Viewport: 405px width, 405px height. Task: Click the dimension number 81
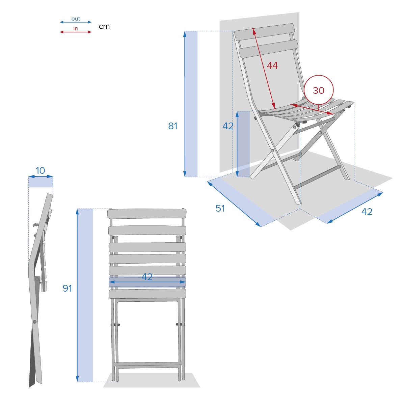click(x=173, y=126)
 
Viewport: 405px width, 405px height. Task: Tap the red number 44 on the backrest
click(x=272, y=65)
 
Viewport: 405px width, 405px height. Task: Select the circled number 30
click(x=319, y=90)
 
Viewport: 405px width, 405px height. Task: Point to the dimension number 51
click(x=220, y=208)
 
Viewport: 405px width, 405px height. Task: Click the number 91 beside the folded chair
click(x=67, y=288)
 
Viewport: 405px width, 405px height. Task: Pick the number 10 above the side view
click(x=40, y=170)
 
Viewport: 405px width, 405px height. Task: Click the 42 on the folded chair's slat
click(x=147, y=277)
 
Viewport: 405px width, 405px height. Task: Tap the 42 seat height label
click(x=228, y=126)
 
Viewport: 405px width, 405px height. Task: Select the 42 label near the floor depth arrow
click(x=367, y=212)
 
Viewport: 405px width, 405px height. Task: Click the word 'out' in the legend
click(x=76, y=19)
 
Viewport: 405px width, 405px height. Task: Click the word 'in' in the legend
click(x=76, y=29)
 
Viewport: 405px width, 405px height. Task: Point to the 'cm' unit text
click(x=104, y=26)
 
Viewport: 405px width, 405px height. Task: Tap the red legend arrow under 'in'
click(x=76, y=32)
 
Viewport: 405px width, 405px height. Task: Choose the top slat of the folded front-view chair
click(x=147, y=214)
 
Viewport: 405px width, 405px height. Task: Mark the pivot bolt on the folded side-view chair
click(x=34, y=322)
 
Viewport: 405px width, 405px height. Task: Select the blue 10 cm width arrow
click(x=40, y=176)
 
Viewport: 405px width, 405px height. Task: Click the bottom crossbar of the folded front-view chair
click(x=147, y=365)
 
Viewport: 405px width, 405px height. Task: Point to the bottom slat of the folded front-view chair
click(x=147, y=294)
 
